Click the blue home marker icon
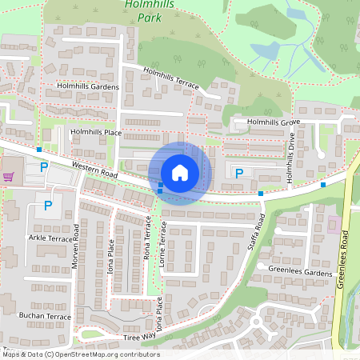(x=180, y=173)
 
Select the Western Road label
(x=94, y=168)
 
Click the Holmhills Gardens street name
(x=87, y=86)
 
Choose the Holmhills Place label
(x=96, y=132)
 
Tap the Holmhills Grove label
(x=273, y=122)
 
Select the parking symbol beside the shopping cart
(x=44, y=167)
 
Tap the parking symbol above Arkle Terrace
(x=47, y=206)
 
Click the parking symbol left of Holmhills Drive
(x=239, y=172)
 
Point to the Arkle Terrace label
(x=50, y=238)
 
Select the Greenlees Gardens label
(x=300, y=273)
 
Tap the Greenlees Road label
(x=346, y=256)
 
